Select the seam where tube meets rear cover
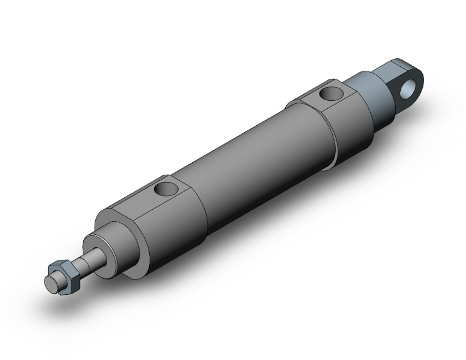[325, 143]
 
